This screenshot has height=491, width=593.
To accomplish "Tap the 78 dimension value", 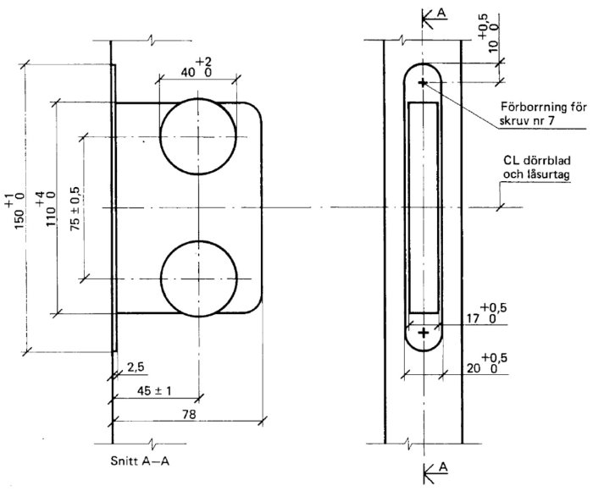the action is [x=189, y=415].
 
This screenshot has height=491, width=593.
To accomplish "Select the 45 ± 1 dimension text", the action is [x=154, y=390].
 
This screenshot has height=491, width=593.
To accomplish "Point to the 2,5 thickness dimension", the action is [x=136, y=367].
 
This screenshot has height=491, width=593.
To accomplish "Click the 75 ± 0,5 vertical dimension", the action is [x=75, y=208].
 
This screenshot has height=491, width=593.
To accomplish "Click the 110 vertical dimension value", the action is [x=47, y=209].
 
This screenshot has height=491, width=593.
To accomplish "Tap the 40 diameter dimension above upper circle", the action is [x=197, y=68].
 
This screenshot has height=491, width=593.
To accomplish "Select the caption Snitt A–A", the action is [x=140, y=461].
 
